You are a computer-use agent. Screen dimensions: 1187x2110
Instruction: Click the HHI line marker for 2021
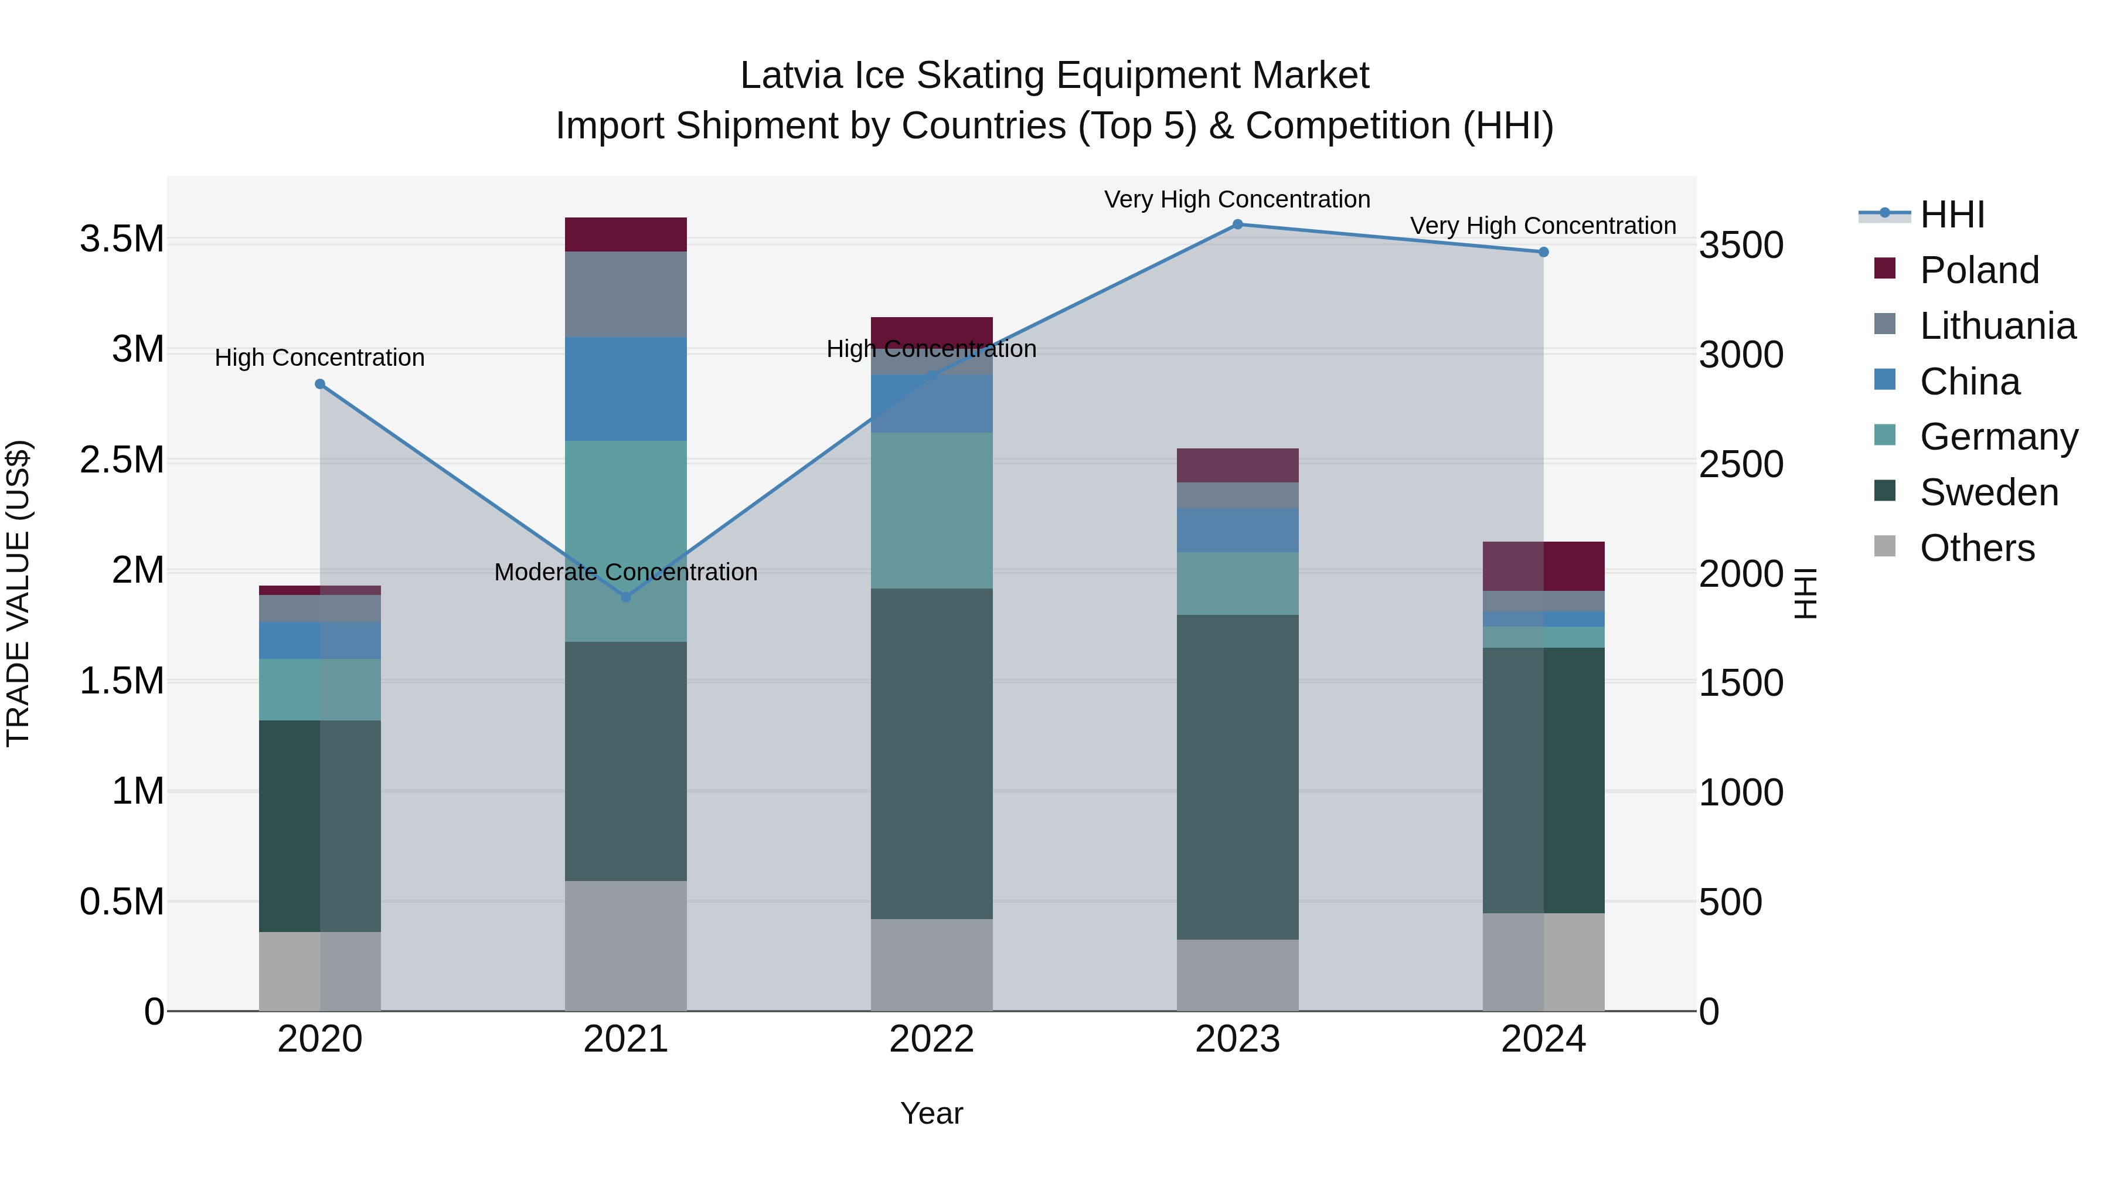click(626, 597)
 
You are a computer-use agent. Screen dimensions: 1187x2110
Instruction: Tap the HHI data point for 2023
click(1238, 225)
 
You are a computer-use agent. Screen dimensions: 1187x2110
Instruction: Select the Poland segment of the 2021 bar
click(626, 234)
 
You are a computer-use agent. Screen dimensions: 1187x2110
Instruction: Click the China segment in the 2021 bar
click(626, 389)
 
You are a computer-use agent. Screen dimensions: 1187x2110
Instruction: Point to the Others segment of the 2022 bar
click(931, 964)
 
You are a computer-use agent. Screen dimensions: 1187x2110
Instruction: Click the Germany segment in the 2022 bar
click(931, 511)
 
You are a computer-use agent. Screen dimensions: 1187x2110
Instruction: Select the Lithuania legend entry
click(1997, 326)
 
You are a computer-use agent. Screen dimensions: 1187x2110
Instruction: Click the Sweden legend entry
click(1988, 492)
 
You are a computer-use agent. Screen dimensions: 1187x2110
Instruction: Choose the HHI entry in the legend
click(1951, 215)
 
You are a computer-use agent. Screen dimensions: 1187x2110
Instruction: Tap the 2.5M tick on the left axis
click(121, 460)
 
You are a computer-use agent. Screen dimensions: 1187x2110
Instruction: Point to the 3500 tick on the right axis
click(1741, 245)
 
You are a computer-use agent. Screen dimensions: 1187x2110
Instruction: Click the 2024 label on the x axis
click(1543, 1039)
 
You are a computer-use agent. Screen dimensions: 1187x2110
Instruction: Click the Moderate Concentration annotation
click(626, 572)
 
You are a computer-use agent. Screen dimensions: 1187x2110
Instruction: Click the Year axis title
click(931, 1113)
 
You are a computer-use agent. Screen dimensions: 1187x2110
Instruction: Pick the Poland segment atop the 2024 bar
click(1543, 566)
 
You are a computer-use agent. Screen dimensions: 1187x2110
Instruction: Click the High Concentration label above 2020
click(319, 358)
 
